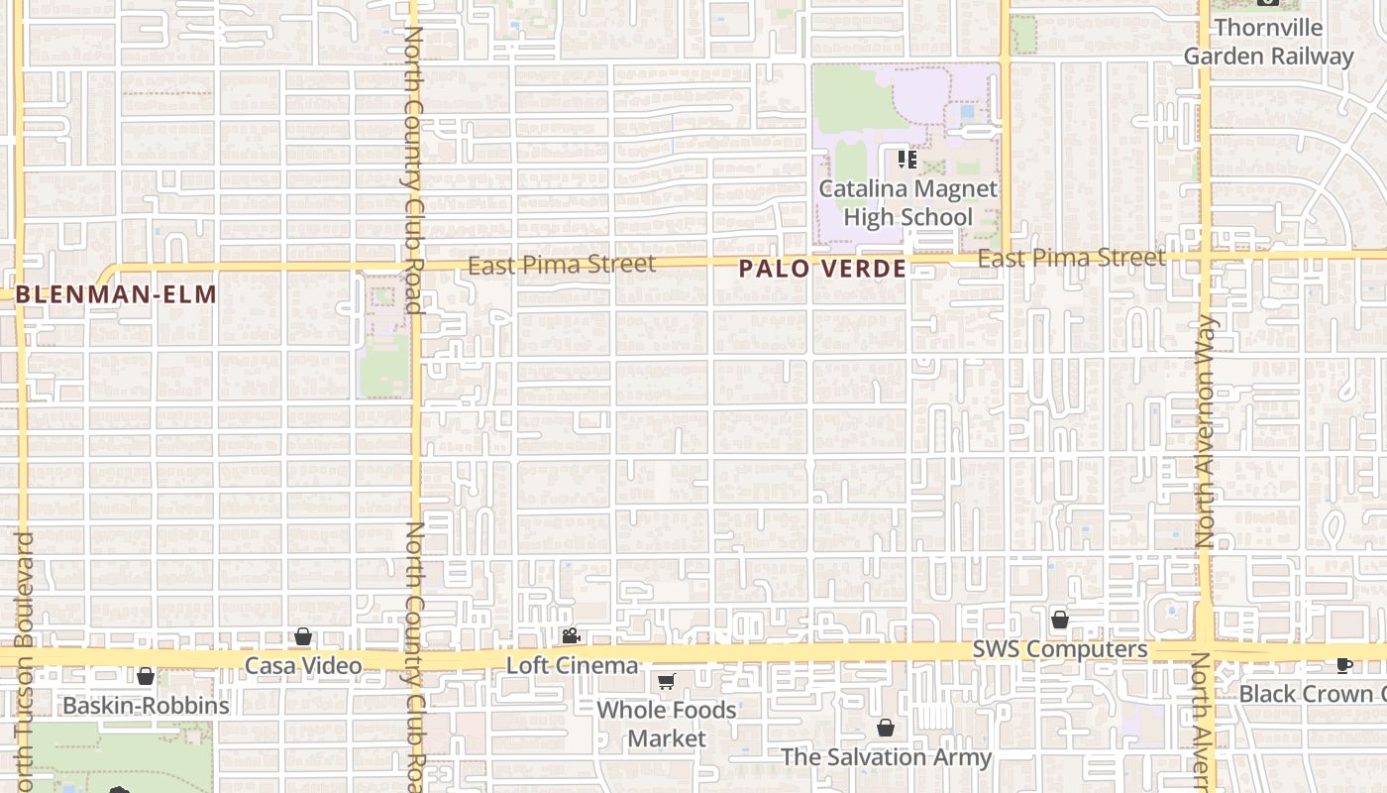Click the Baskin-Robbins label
tap(146, 706)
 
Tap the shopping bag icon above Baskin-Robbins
tap(146, 676)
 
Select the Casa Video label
tap(303, 665)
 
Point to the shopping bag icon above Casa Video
tap(303, 636)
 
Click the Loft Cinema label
tap(572, 665)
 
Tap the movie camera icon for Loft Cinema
tap(571, 635)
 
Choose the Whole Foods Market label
tap(667, 724)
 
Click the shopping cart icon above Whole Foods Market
tap(667, 682)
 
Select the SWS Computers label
tap(1060, 649)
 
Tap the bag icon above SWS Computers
tap(1060, 620)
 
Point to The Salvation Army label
tap(886, 757)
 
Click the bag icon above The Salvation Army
tap(886, 728)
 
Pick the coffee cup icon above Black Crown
tap(1344, 664)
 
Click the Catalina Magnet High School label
tap(907, 202)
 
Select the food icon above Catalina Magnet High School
tap(907, 159)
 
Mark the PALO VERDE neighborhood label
tap(822, 269)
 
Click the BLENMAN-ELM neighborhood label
tap(116, 294)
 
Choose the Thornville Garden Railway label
tap(1268, 42)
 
